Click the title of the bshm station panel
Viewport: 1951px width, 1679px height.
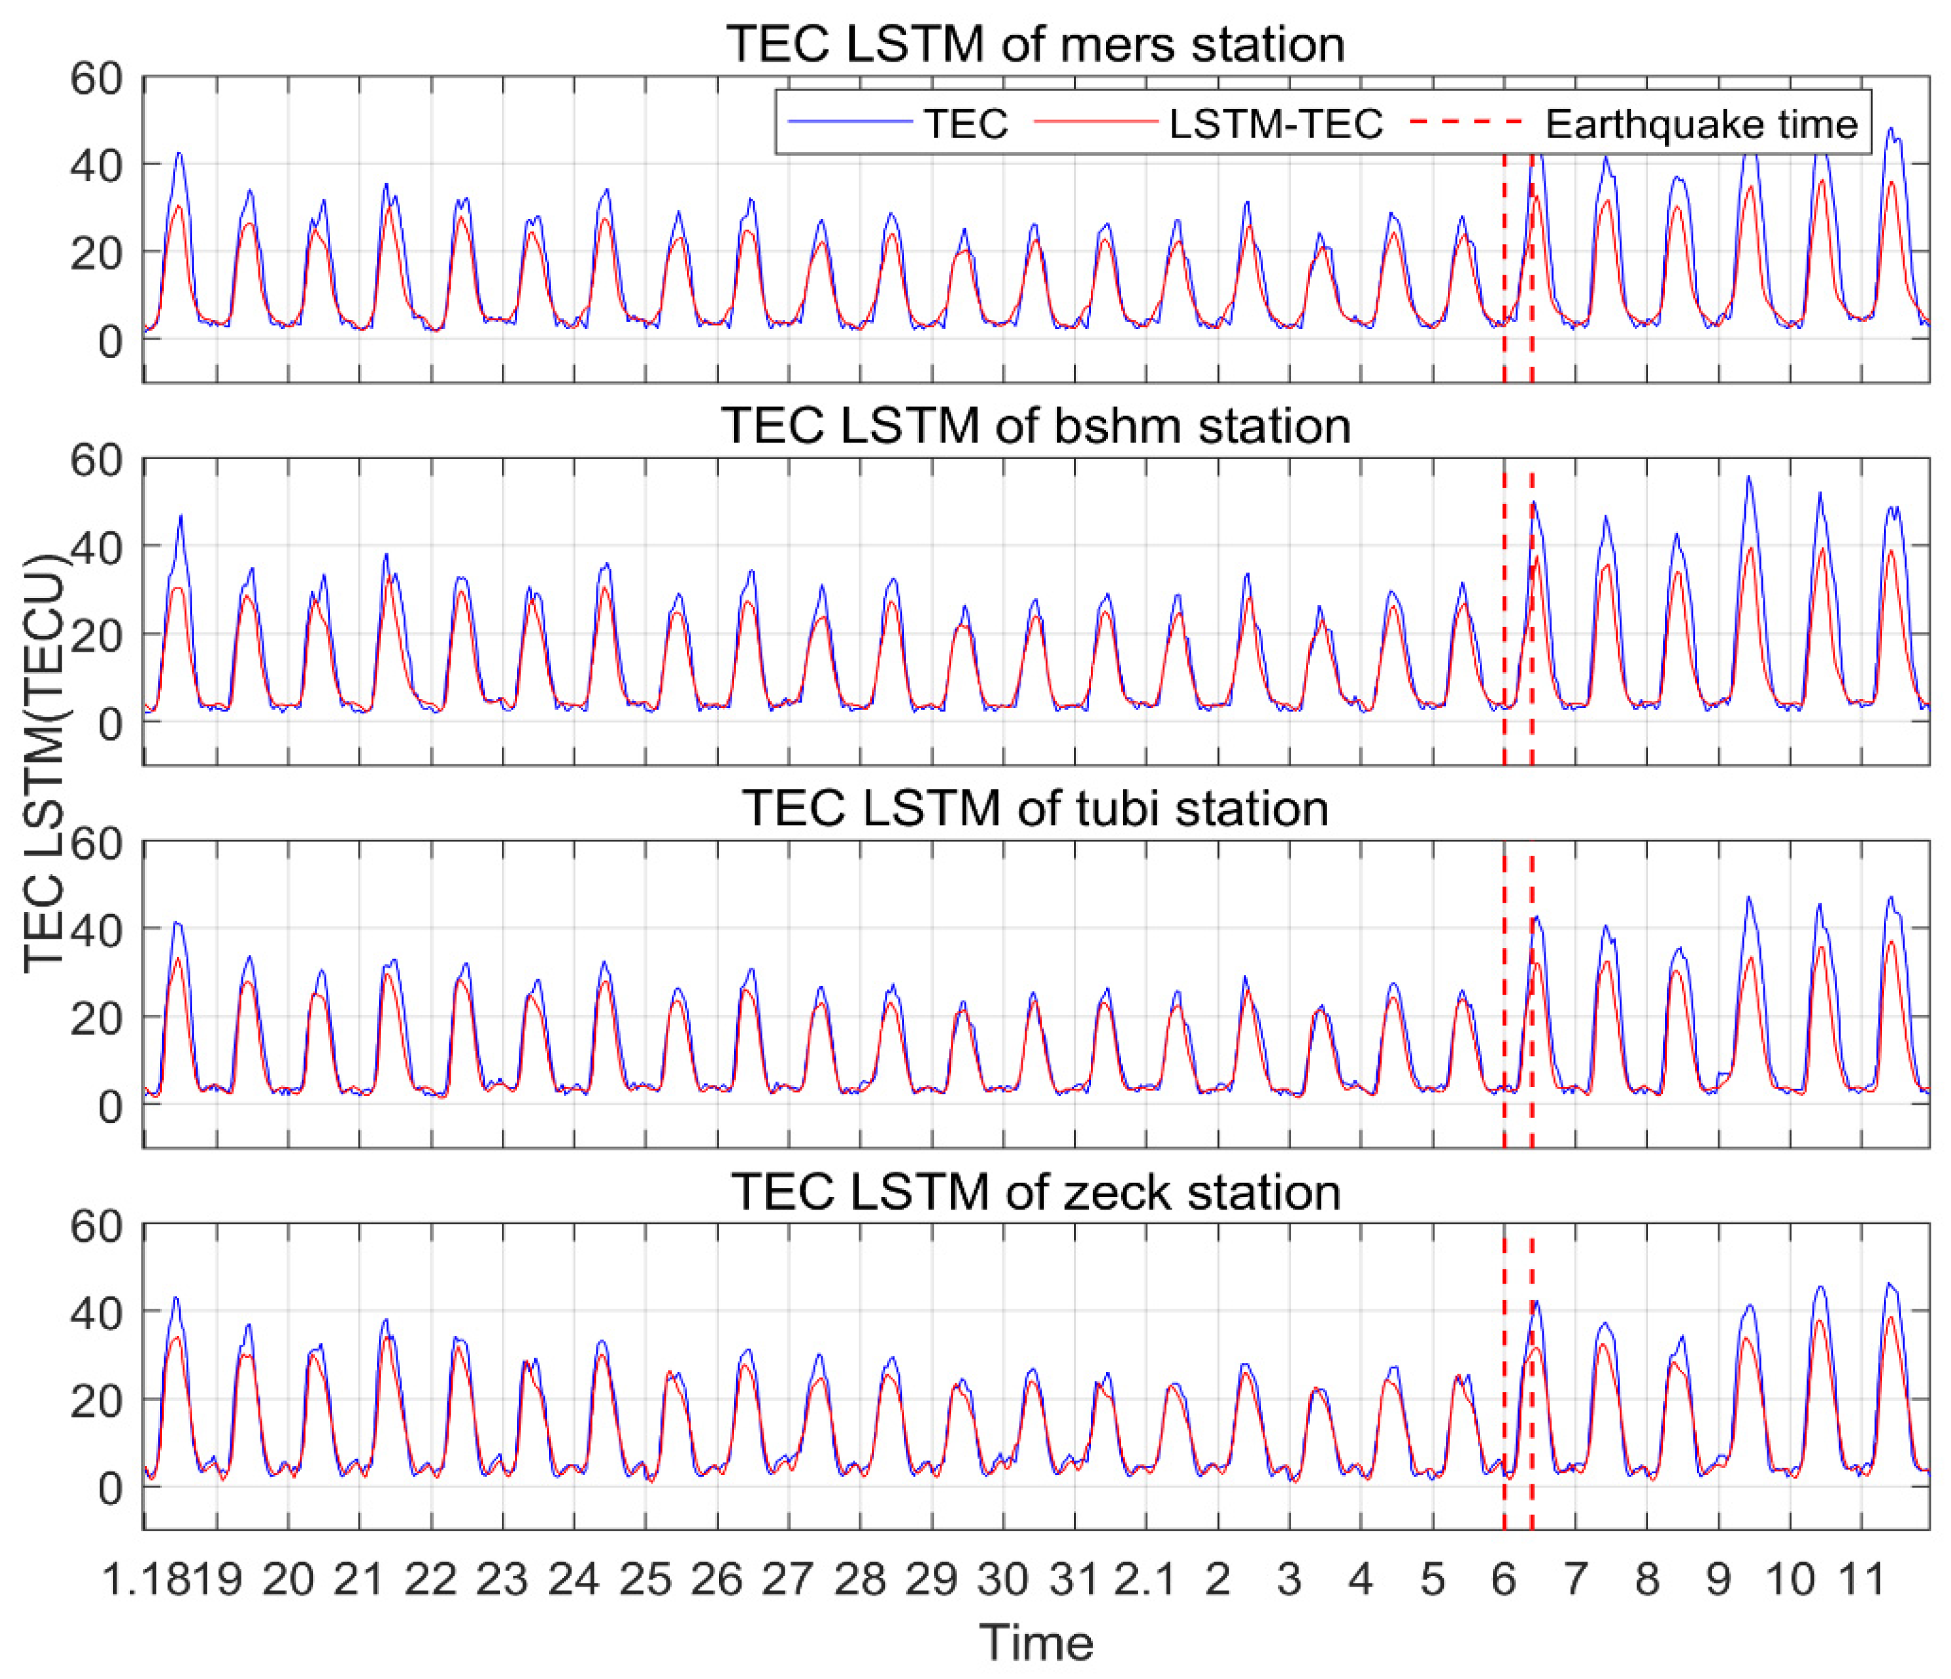click(1036, 426)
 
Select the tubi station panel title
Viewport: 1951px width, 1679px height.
click(1036, 808)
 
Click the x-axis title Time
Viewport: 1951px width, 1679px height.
click(1036, 1643)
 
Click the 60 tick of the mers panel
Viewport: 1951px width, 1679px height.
click(96, 78)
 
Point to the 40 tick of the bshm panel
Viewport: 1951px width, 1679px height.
click(96, 547)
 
